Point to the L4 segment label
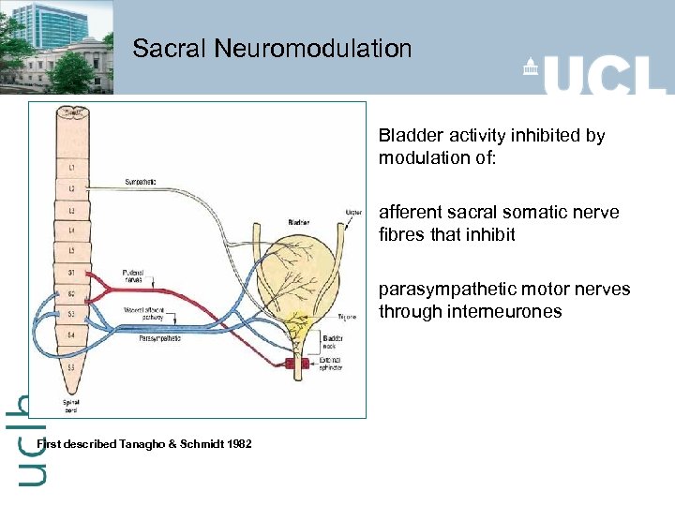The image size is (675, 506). coord(71,230)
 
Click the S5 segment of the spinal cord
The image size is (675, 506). coord(71,368)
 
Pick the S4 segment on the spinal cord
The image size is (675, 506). coord(71,334)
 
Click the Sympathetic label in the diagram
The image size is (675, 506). coord(142,181)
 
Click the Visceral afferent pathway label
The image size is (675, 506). coord(143,314)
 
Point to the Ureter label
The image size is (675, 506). coord(353,212)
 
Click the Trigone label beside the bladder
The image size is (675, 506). coord(347,319)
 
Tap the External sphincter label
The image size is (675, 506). coord(330,363)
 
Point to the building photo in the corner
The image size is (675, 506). coord(56,47)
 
